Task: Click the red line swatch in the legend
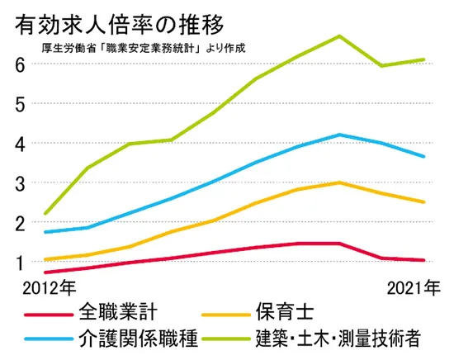click(49, 315)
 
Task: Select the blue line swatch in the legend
click(49, 339)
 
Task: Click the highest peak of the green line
click(339, 36)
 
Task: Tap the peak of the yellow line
click(339, 182)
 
